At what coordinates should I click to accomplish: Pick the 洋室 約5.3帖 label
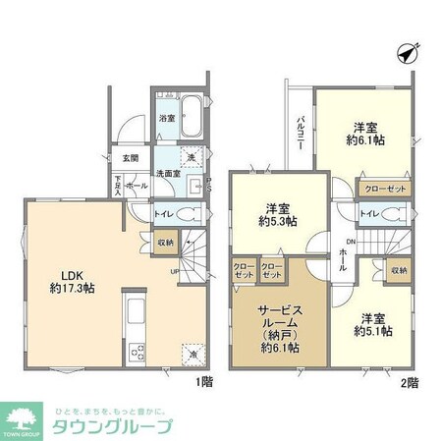tap(277, 213)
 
